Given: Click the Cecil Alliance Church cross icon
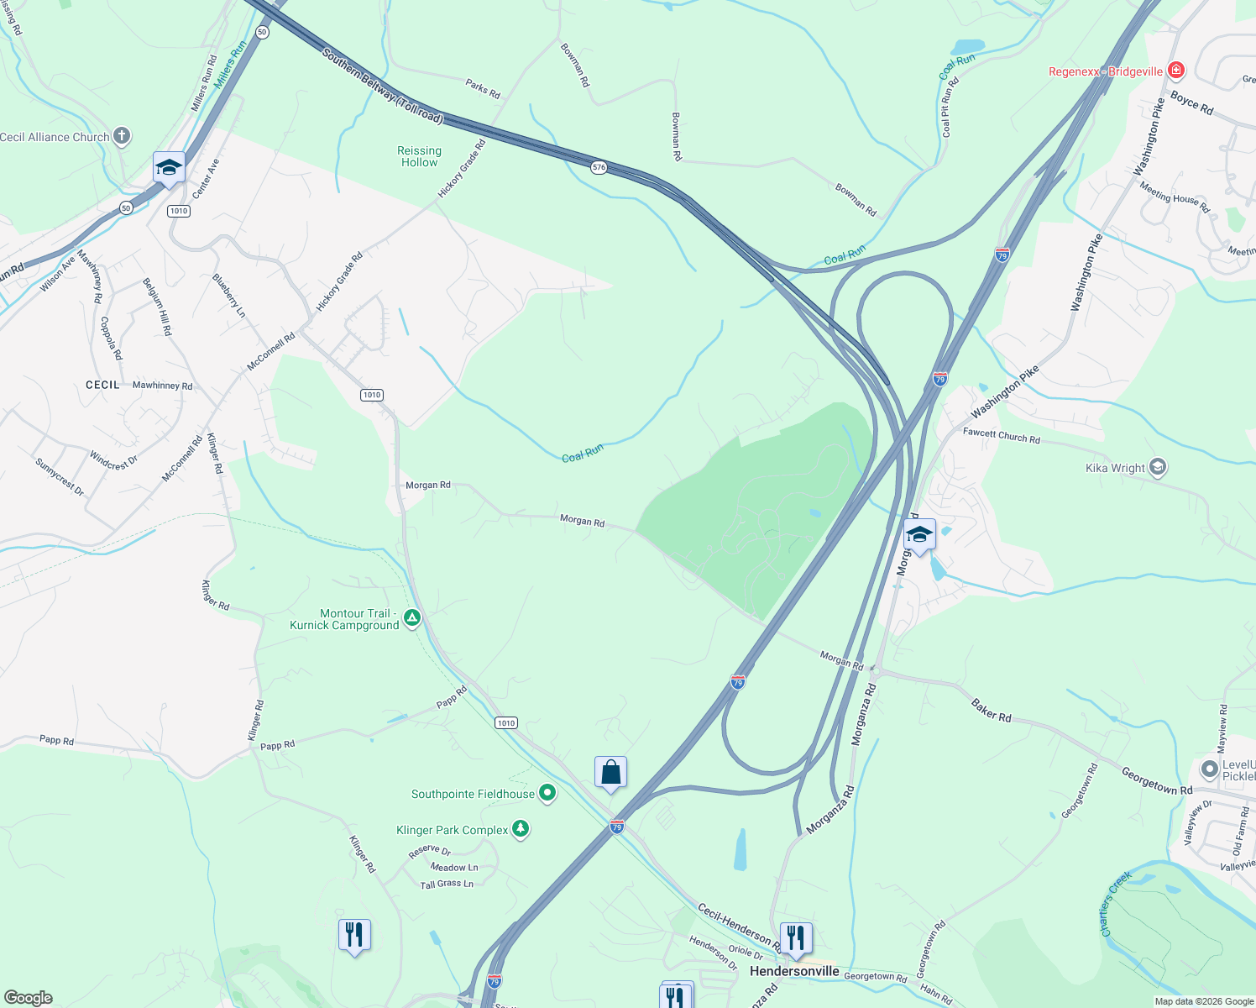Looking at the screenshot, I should click(x=122, y=136).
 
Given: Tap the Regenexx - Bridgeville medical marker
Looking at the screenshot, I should click(x=1176, y=71).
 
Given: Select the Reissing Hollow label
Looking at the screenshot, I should click(x=419, y=156).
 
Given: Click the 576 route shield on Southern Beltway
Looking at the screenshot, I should click(x=599, y=167).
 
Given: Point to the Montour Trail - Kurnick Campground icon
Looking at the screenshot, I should click(x=411, y=619).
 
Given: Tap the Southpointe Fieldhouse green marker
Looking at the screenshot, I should click(x=547, y=793).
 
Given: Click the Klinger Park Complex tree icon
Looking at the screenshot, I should click(x=521, y=829).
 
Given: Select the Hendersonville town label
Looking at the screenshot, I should click(x=794, y=971).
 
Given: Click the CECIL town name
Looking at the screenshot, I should click(x=103, y=385).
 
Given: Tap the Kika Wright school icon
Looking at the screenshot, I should click(x=1158, y=468).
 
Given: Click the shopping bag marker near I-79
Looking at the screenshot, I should click(x=610, y=772).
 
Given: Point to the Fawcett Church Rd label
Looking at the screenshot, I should click(x=1001, y=436).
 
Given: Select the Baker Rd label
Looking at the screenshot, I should click(x=992, y=711).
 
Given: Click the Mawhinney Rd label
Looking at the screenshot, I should click(x=162, y=386).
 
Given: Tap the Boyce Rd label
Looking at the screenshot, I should click(x=1191, y=103).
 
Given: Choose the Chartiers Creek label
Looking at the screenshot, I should click(x=1115, y=903).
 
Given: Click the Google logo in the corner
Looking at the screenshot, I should click(x=29, y=998).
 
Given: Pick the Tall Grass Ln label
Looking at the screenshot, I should click(x=447, y=884).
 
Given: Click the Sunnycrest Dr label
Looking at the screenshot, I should click(x=60, y=475).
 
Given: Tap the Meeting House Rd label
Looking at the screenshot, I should click(x=1174, y=197).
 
